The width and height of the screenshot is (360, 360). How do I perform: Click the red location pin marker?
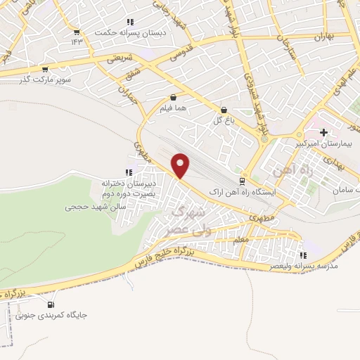[181, 165]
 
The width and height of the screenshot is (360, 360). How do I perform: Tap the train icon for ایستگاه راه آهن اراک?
[243, 181]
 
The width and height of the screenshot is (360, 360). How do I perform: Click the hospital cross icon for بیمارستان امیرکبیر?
[323, 132]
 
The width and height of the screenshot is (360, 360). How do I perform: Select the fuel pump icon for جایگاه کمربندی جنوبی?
[51, 304]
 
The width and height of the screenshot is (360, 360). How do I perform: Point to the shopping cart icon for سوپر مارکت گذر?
[46, 70]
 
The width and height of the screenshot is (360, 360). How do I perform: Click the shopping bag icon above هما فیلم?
[173, 98]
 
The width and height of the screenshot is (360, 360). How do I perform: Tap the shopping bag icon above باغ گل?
[224, 110]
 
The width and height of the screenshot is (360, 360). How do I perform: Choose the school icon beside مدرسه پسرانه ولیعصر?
[303, 256]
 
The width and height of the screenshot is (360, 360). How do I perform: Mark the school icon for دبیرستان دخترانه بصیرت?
[128, 172]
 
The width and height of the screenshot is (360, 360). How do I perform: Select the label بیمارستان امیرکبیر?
[325, 143]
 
